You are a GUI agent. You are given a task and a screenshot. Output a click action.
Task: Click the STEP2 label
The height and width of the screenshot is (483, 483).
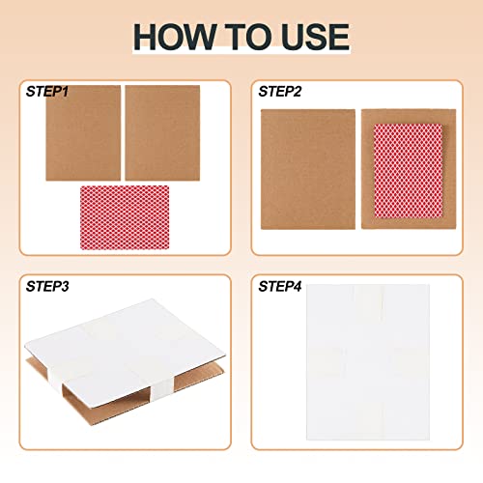[x=279, y=92]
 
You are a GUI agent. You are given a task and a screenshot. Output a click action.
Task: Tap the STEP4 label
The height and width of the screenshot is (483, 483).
[x=280, y=287]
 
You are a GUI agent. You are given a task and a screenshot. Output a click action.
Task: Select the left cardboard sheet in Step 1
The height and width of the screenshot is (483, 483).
[x=83, y=132]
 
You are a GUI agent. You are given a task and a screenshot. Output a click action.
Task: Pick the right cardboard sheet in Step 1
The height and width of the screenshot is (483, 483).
[x=161, y=132]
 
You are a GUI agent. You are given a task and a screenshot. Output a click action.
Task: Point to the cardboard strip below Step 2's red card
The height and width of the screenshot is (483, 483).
[x=399, y=221]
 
